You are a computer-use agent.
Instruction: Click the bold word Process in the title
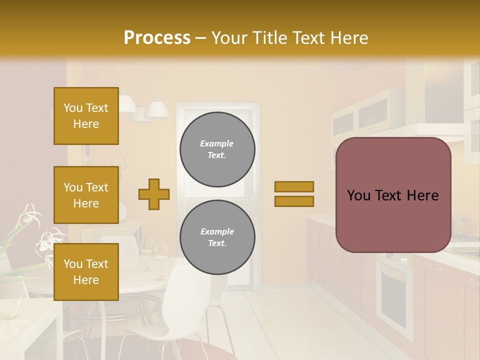pos(157,38)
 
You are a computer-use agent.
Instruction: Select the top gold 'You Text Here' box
pos(86,116)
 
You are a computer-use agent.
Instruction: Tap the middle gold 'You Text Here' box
pos(86,195)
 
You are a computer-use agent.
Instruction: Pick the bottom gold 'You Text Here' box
pos(86,272)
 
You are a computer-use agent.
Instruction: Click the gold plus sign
pos(154,194)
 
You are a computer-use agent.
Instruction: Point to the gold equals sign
pos(294,194)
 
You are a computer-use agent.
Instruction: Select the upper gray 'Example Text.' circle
pos(217,149)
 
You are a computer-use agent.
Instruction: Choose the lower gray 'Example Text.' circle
pos(217,237)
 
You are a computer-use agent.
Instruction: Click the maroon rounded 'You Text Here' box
pos(393,195)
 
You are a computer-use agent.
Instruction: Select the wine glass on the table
pos(161,257)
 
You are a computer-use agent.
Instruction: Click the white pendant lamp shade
pos(157,108)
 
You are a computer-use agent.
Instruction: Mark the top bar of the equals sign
pos(294,186)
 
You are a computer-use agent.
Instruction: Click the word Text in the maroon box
pos(392,195)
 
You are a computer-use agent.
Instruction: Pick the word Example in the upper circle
pos(217,144)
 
